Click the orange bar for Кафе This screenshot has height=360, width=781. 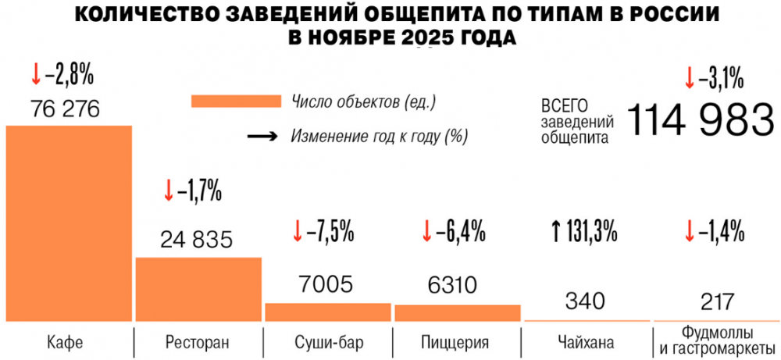[x=69, y=223]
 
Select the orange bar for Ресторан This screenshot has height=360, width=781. [x=198, y=289]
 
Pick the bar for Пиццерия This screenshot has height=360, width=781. [x=457, y=312]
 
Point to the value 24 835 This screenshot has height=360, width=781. [x=197, y=239]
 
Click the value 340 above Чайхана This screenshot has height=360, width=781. [x=587, y=300]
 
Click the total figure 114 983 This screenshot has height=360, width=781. [x=699, y=120]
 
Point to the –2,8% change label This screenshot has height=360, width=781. [x=70, y=76]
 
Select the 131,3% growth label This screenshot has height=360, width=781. [x=590, y=231]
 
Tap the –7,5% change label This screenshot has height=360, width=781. [x=330, y=231]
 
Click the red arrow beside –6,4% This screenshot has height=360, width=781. [x=426, y=231]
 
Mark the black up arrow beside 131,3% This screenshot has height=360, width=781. [x=556, y=231]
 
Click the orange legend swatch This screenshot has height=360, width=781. [x=235, y=102]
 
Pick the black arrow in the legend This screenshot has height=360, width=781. [x=262, y=136]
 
